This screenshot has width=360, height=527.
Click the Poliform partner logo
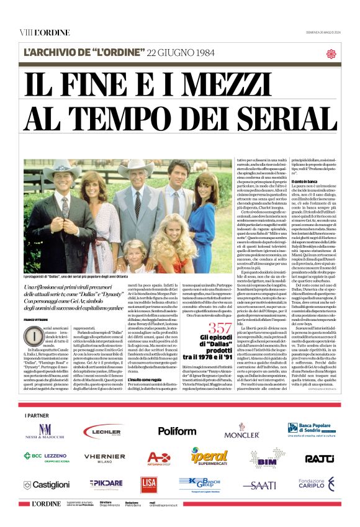177,430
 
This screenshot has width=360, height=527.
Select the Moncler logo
242,431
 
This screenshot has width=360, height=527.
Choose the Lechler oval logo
102,431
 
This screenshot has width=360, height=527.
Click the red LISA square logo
148,484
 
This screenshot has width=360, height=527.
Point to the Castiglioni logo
47,484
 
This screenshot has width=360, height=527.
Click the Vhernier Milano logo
104,458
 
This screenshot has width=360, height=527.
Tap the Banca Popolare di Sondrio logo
311,430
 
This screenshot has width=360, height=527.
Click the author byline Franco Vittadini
37,320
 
